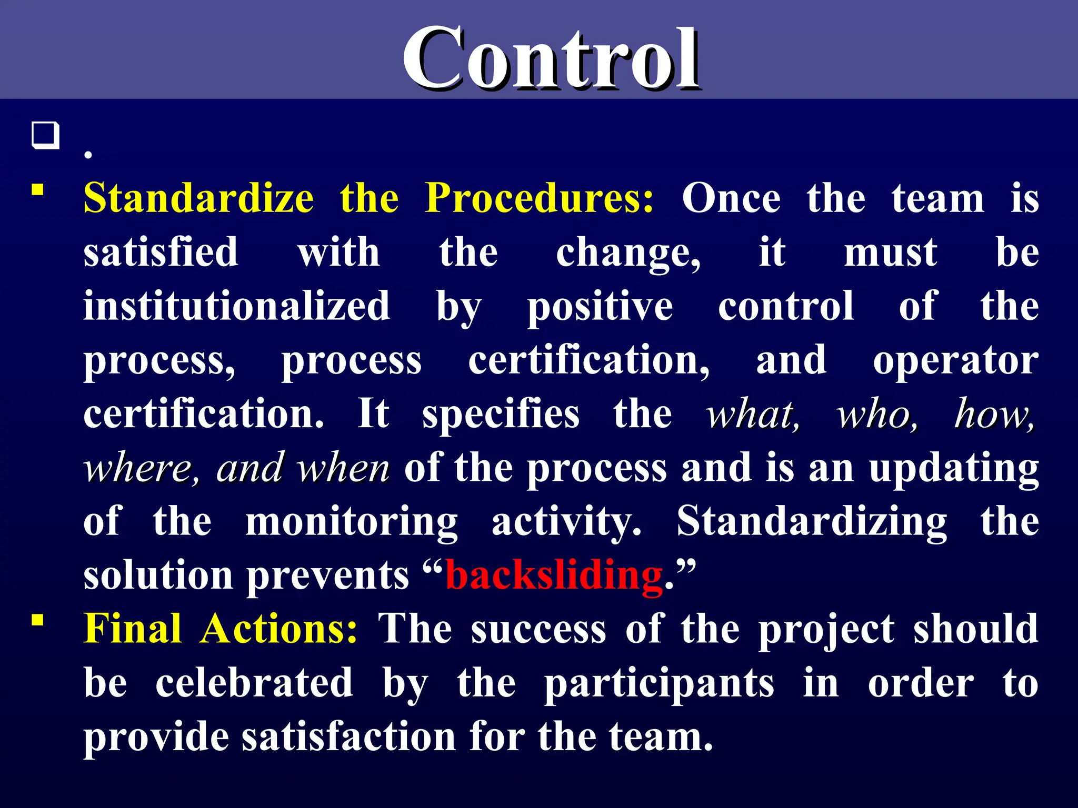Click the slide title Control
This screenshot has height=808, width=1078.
click(551, 59)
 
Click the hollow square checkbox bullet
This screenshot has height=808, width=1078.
click(45, 136)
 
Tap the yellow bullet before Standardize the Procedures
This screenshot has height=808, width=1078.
click(37, 189)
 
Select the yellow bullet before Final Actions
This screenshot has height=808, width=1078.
click(37, 620)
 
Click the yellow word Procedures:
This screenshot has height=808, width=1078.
click(540, 198)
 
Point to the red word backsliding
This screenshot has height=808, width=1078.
click(554, 575)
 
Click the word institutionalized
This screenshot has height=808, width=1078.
click(237, 306)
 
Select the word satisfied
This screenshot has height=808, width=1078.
click(161, 252)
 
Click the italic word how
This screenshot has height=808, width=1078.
click(994, 415)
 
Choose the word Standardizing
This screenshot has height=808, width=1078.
click(812, 522)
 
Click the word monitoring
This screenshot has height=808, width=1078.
click(352, 522)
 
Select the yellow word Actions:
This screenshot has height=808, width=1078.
click(279, 629)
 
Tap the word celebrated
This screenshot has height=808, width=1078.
click(254, 683)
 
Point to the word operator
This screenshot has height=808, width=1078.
click(956, 361)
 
